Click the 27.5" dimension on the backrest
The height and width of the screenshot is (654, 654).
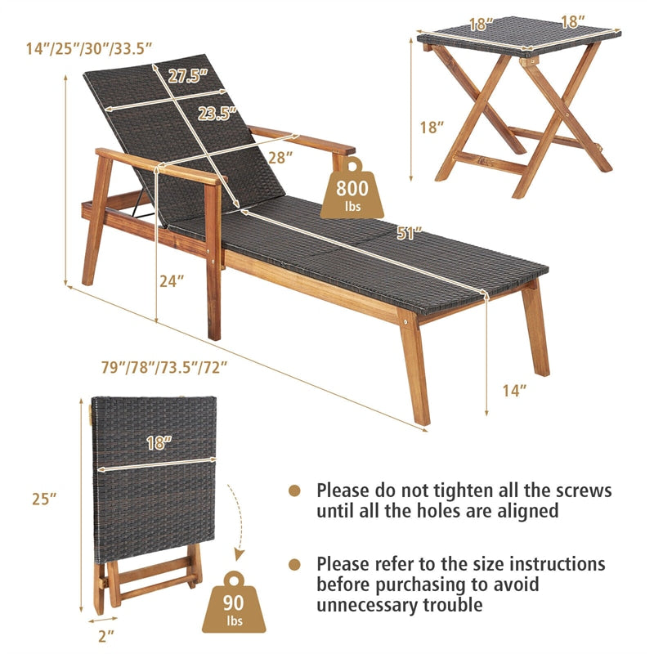(188, 76)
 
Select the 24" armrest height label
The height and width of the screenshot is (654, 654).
(172, 280)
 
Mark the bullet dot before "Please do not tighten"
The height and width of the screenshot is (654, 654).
(294, 490)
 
